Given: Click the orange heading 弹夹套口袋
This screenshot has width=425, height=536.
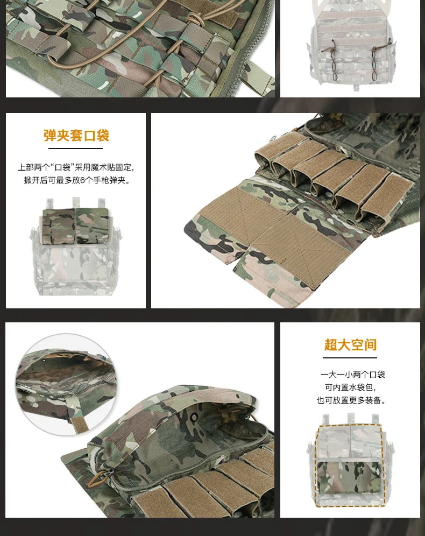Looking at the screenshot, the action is (x=76, y=136).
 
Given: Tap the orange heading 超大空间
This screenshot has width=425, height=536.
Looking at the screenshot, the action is (x=350, y=344).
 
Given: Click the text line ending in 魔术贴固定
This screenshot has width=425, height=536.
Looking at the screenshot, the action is (x=76, y=167).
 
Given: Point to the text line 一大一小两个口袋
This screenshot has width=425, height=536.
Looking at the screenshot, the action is (x=352, y=375).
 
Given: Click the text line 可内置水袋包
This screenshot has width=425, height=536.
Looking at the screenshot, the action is (x=350, y=387).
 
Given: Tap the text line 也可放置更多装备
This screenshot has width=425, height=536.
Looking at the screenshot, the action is (x=351, y=400).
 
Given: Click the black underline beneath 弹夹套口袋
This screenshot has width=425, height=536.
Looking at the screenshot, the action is (x=75, y=149).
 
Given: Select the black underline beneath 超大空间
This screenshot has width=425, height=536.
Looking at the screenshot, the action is (x=350, y=358).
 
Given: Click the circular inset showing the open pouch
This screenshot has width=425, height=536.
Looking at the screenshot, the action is (x=66, y=384).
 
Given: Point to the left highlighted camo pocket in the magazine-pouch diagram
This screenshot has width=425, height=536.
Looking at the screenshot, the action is (x=59, y=226).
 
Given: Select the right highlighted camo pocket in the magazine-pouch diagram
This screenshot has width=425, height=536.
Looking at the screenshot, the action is (x=92, y=226).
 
